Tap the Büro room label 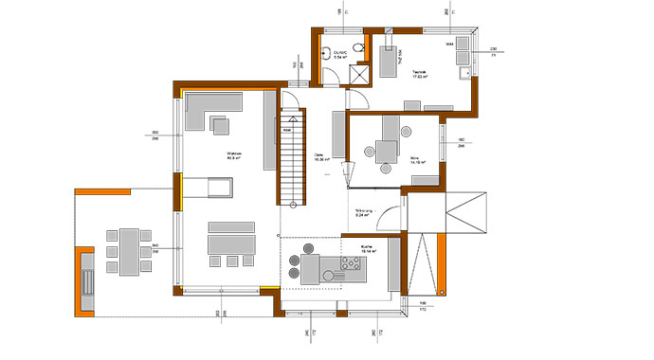tap(416, 160)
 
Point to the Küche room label tap(366, 247)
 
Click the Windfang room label tap(366, 213)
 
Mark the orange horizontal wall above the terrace tap(102, 191)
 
